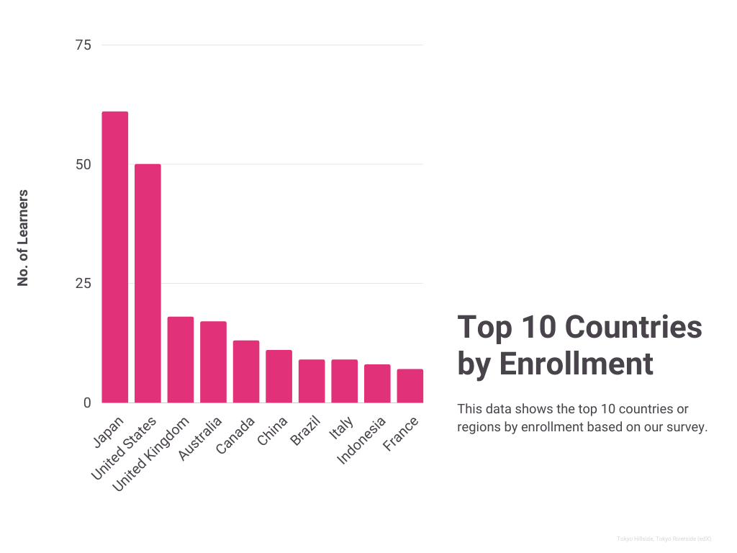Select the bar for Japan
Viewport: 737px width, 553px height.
click(x=115, y=257)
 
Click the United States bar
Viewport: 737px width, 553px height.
click(x=148, y=283)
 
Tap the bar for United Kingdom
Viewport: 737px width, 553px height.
click(x=181, y=359)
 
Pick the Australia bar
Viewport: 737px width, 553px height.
click(x=213, y=361)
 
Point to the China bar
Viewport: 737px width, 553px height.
click(x=279, y=376)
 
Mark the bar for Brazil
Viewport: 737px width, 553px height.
click(x=312, y=381)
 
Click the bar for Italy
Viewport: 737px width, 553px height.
click(x=344, y=381)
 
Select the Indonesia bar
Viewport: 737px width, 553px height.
click(x=377, y=383)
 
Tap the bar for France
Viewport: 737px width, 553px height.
click(x=410, y=385)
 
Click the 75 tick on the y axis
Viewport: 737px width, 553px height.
click(x=83, y=45)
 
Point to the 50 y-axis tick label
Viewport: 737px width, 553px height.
click(x=83, y=164)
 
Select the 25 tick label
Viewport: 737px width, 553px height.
click(x=83, y=284)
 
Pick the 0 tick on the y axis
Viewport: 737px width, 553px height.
click(x=87, y=403)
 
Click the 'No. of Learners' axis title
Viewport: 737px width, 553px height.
click(x=23, y=238)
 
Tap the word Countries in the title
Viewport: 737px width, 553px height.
click(x=633, y=327)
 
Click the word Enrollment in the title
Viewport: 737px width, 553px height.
click(x=576, y=364)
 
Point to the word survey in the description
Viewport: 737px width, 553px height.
click(x=687, y=427)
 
